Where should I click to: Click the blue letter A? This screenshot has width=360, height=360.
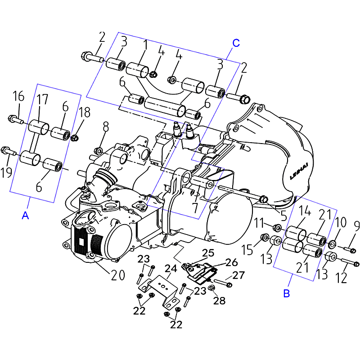click(x=25, y=216)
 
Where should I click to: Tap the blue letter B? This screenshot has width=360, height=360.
click(x=287, y=293)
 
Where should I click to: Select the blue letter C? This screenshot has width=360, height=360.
click(x=236, y=43)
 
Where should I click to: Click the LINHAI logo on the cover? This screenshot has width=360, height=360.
click(x=299, y=171)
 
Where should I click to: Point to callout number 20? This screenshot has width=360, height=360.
click(x=118, y=275)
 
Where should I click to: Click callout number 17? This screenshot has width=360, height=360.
click(x=42, y=99)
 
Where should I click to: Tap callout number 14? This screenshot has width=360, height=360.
click(x=304, y=211)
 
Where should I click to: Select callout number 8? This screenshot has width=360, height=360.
click(x=106, y=126)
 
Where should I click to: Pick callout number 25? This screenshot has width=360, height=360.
click(x=208, y=253)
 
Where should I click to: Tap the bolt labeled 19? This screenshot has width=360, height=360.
click(x=9, y=151)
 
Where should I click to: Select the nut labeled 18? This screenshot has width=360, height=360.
click(x=74, y=138)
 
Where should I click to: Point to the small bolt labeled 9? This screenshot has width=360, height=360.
click(x=350, y=249)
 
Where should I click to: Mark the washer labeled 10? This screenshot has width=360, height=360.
click(x=332, y=244)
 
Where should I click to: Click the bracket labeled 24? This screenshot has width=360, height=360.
click(x=159, y=292)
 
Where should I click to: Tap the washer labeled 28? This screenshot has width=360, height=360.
click(x=211, y=287)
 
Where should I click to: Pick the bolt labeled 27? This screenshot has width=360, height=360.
click(x=223, y=283)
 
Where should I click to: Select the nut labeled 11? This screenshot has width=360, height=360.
click(x=277, y=228)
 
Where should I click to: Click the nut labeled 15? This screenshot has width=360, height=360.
click(x=265, y=237)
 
